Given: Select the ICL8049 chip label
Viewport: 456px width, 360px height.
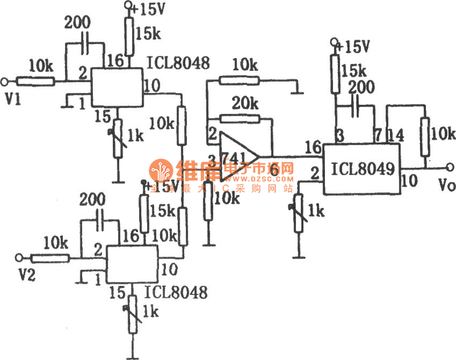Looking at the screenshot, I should coord(363,169).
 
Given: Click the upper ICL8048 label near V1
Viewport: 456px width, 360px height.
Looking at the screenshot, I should coord(178,62).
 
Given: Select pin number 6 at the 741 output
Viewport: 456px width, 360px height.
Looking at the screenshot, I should coord(274,169).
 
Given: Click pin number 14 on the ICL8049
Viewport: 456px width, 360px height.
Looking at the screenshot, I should coord(397,135).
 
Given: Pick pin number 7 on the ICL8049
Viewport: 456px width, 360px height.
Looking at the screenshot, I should coord(376,135).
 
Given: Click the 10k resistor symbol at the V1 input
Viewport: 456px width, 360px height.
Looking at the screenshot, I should coord(35,80).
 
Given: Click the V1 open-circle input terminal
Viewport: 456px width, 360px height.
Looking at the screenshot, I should coord(5,80).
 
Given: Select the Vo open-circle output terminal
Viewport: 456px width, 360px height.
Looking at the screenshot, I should coord(450,167).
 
